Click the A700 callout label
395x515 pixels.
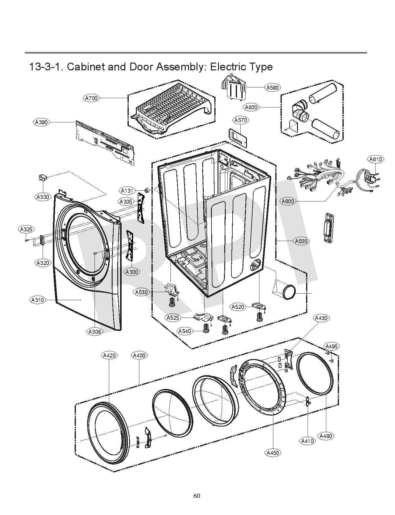pos(92,98)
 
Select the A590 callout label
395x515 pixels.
pos(272,87)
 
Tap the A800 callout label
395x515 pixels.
pos(251,107)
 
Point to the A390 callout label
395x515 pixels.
pos(41,122)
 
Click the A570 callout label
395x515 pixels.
pos(240,120)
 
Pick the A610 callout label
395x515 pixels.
pos(375,159)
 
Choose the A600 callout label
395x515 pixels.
pos(288,201)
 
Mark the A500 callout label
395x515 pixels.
pos(301,241)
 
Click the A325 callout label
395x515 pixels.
pos(26,229)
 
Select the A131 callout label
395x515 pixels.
pos(127,190)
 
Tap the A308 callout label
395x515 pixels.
pos(95,332)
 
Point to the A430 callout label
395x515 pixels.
pos(321,318)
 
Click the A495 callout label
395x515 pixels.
pos(332,346)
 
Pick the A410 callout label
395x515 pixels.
pos(308,441)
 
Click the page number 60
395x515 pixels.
pos(197,496)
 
